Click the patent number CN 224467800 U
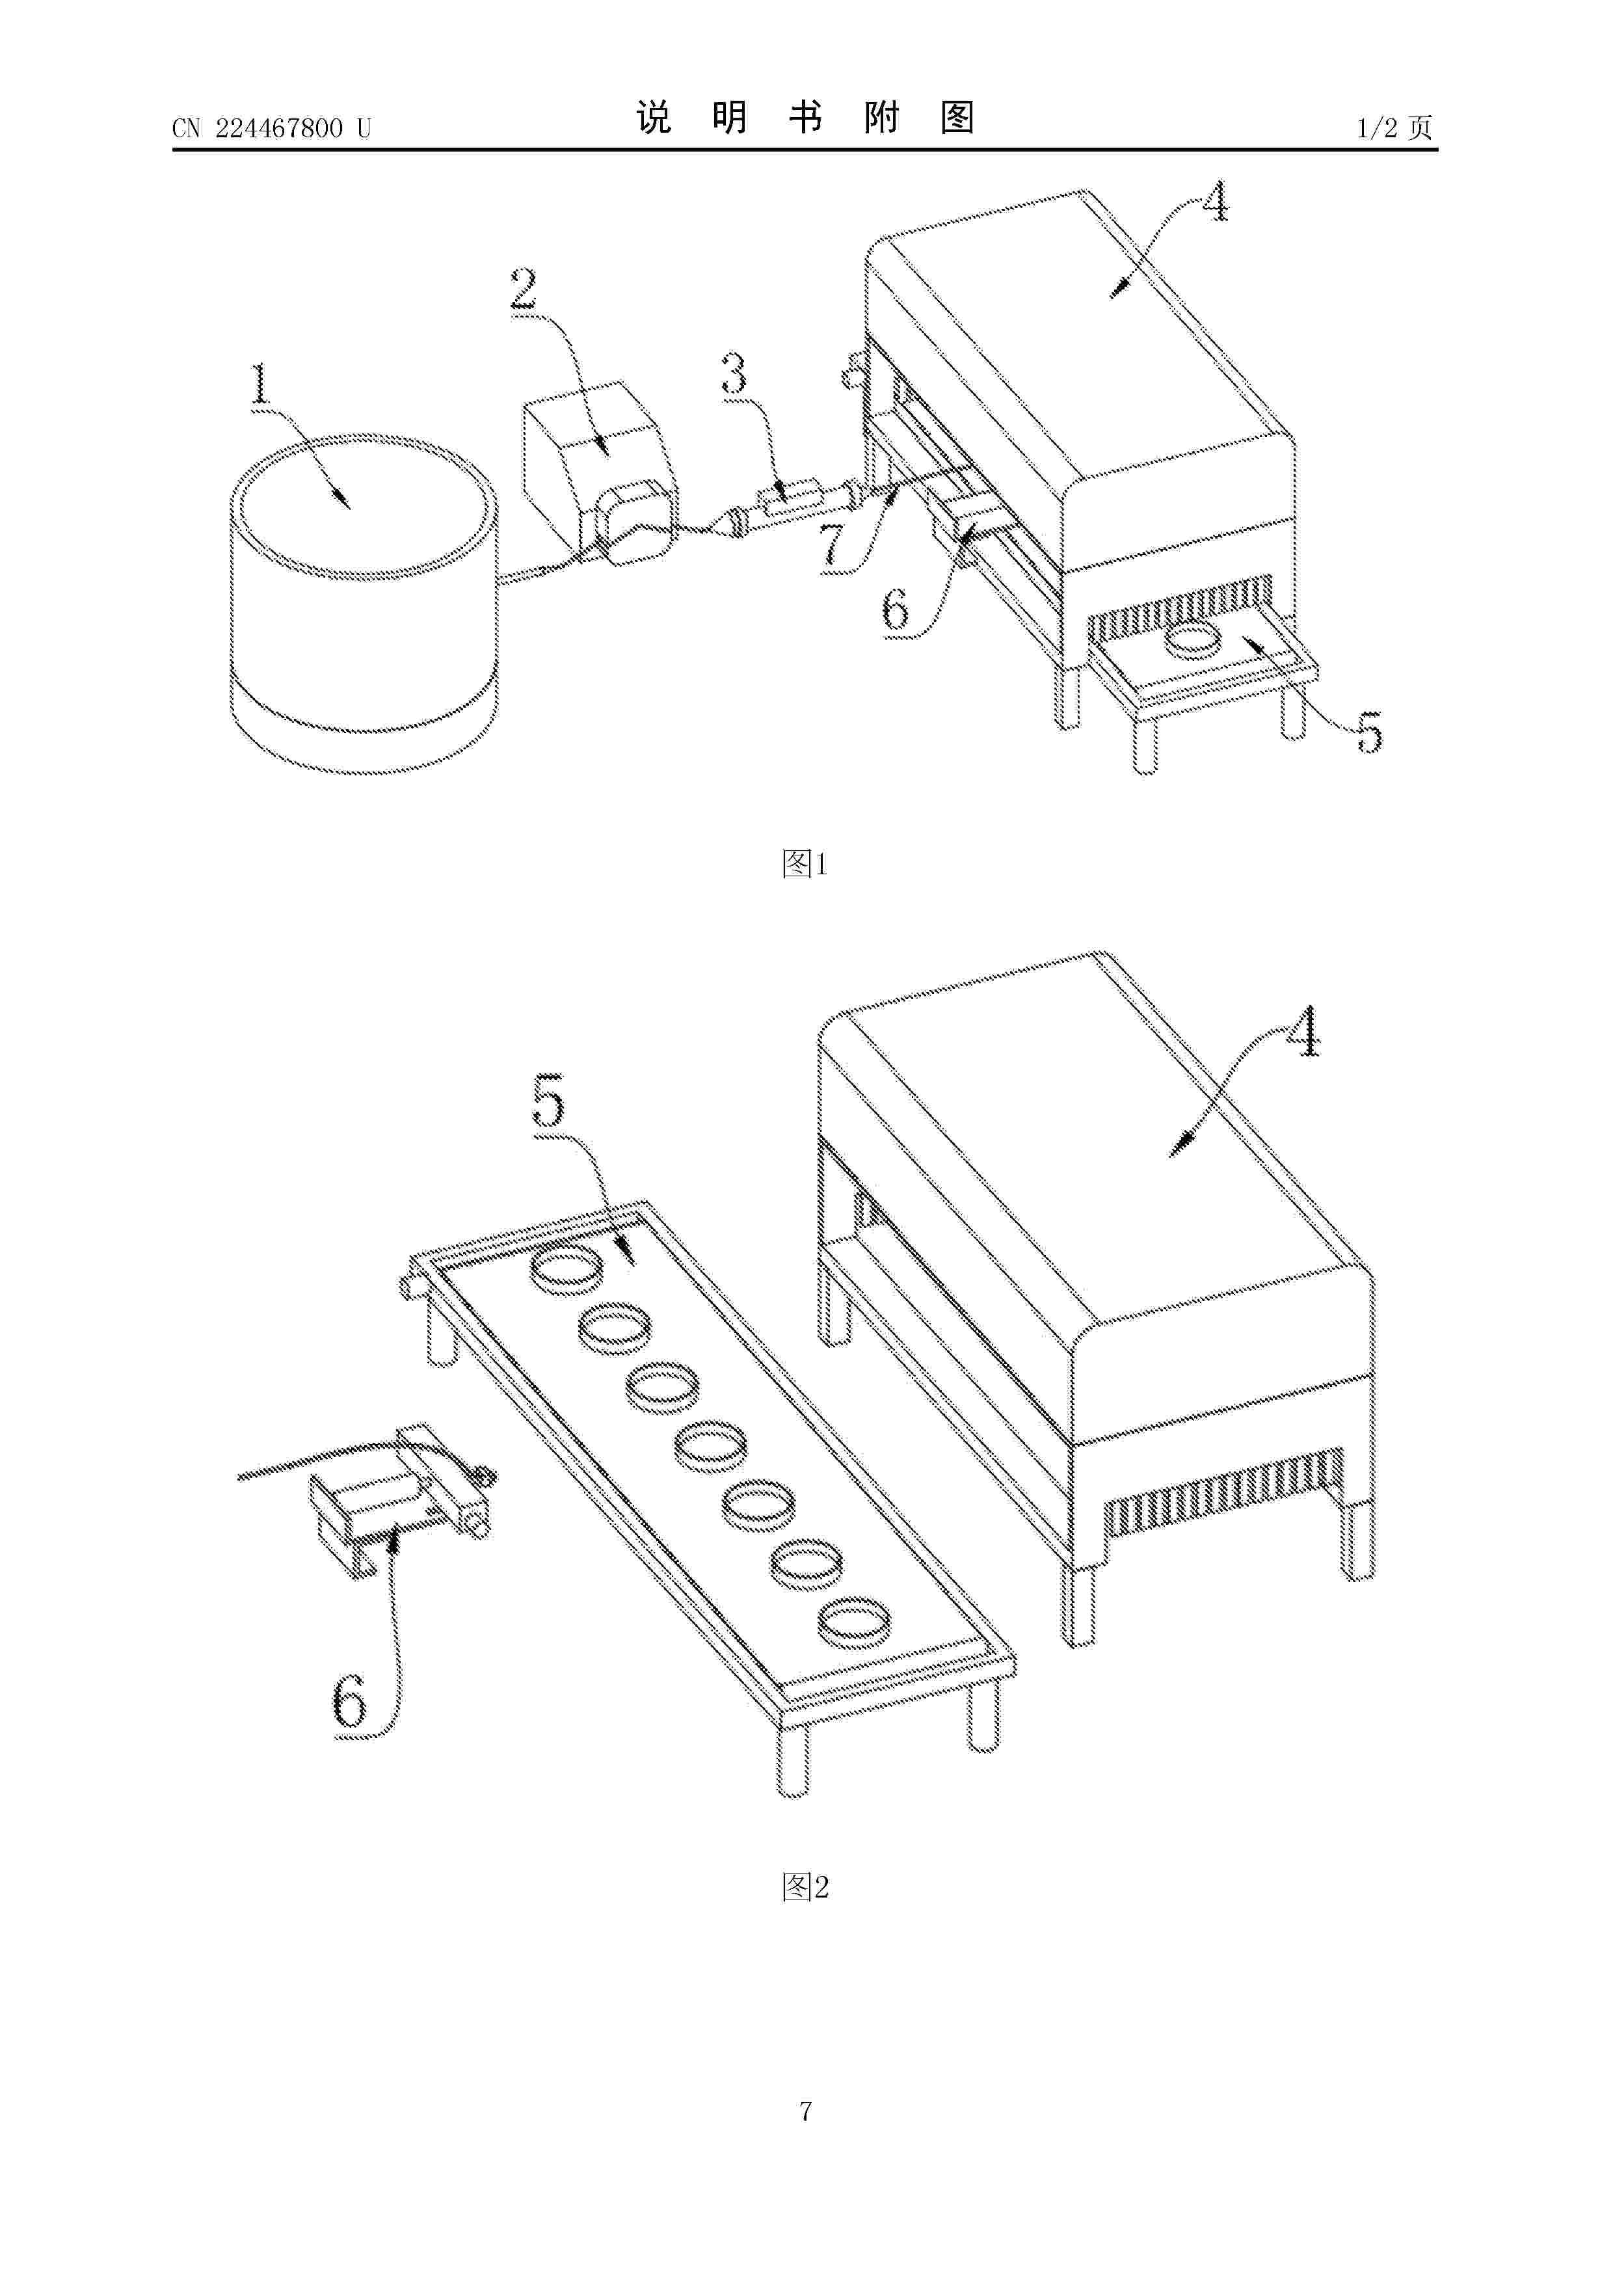271,128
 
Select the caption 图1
805,864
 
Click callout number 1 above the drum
260,384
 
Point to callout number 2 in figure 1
524,289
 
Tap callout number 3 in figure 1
734,375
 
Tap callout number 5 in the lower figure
548,1100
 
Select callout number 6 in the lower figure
349,1702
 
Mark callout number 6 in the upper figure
896,608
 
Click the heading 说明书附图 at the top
805,118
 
